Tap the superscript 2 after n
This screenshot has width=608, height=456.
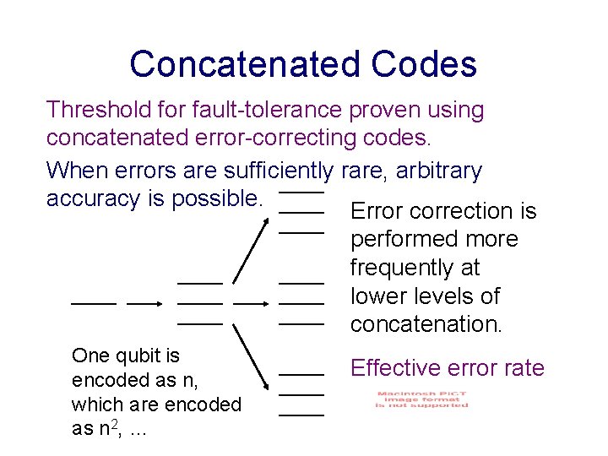tap(113, 421)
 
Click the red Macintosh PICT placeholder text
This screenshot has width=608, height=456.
tap(422, 399)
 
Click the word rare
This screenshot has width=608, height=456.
tap(363, 171)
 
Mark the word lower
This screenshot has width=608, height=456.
tap(378, 296)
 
